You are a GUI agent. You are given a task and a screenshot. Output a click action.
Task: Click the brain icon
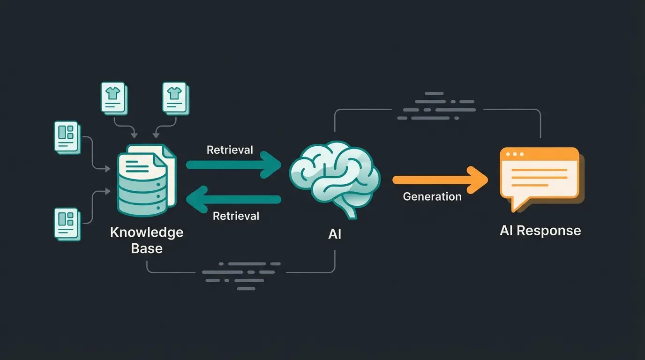tap(334, 178)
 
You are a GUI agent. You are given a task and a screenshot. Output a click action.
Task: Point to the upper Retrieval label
tap(230, 150)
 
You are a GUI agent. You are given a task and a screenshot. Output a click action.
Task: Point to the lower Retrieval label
tap(236, 216)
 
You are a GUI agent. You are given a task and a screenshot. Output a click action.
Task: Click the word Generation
tap(432, 197)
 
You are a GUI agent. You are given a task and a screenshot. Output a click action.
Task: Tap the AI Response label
tap(540, 231)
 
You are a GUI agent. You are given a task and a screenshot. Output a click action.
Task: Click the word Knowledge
tap(147, 232)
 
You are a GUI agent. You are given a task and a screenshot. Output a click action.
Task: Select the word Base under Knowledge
tap(147, 248)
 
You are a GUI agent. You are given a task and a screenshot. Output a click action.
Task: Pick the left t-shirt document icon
tap(113, 98)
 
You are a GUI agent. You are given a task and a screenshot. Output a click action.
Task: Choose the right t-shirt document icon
tap(175, 98)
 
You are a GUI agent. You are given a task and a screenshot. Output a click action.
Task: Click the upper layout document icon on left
tap(67, 136)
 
